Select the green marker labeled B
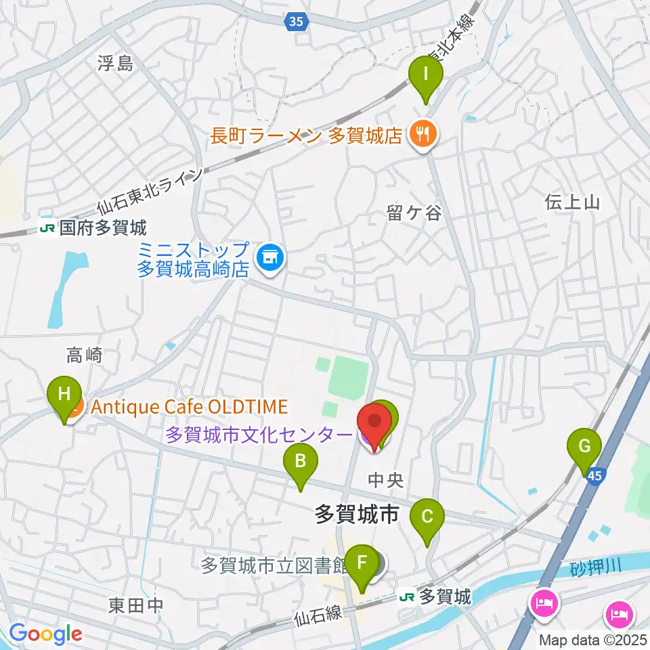(x=301, y=464)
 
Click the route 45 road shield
(x=594, y=477)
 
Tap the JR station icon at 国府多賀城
(x=47, y=228)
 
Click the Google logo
(x=45, y=634)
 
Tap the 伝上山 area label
(x=572, y=201)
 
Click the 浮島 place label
(x=115, y=64)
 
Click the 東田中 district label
(x=136, y=605)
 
